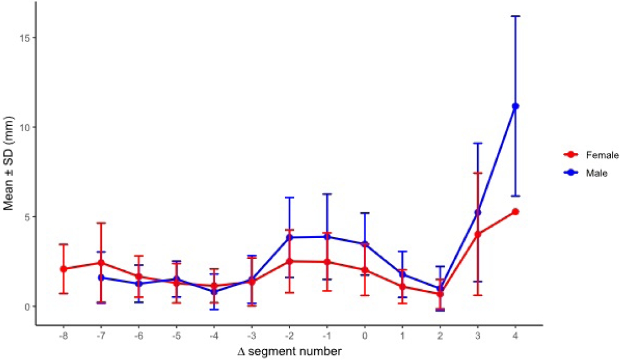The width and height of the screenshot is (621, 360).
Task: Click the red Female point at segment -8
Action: (x=63, y=269)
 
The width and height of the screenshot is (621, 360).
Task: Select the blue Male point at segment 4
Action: (x=515, y=106)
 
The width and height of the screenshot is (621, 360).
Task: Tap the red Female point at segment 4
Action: (x=515, y=212)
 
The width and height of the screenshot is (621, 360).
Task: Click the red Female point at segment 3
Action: (x=478, y=234)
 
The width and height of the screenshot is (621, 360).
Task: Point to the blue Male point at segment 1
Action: (x=402, y=274)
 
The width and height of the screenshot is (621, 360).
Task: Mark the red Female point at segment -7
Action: (x=101, y=263)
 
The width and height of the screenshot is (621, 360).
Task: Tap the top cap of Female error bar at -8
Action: (x=63, y=244)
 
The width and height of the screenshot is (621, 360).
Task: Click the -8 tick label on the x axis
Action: (x=63, y=334)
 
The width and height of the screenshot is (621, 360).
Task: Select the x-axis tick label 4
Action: (x=515, y=334)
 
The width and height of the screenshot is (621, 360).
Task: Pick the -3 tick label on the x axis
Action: (x=252, y=334)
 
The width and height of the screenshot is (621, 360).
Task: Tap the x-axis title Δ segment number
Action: (x=289, y=350)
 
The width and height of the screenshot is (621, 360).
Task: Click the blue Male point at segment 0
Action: (x=365, y=244)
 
